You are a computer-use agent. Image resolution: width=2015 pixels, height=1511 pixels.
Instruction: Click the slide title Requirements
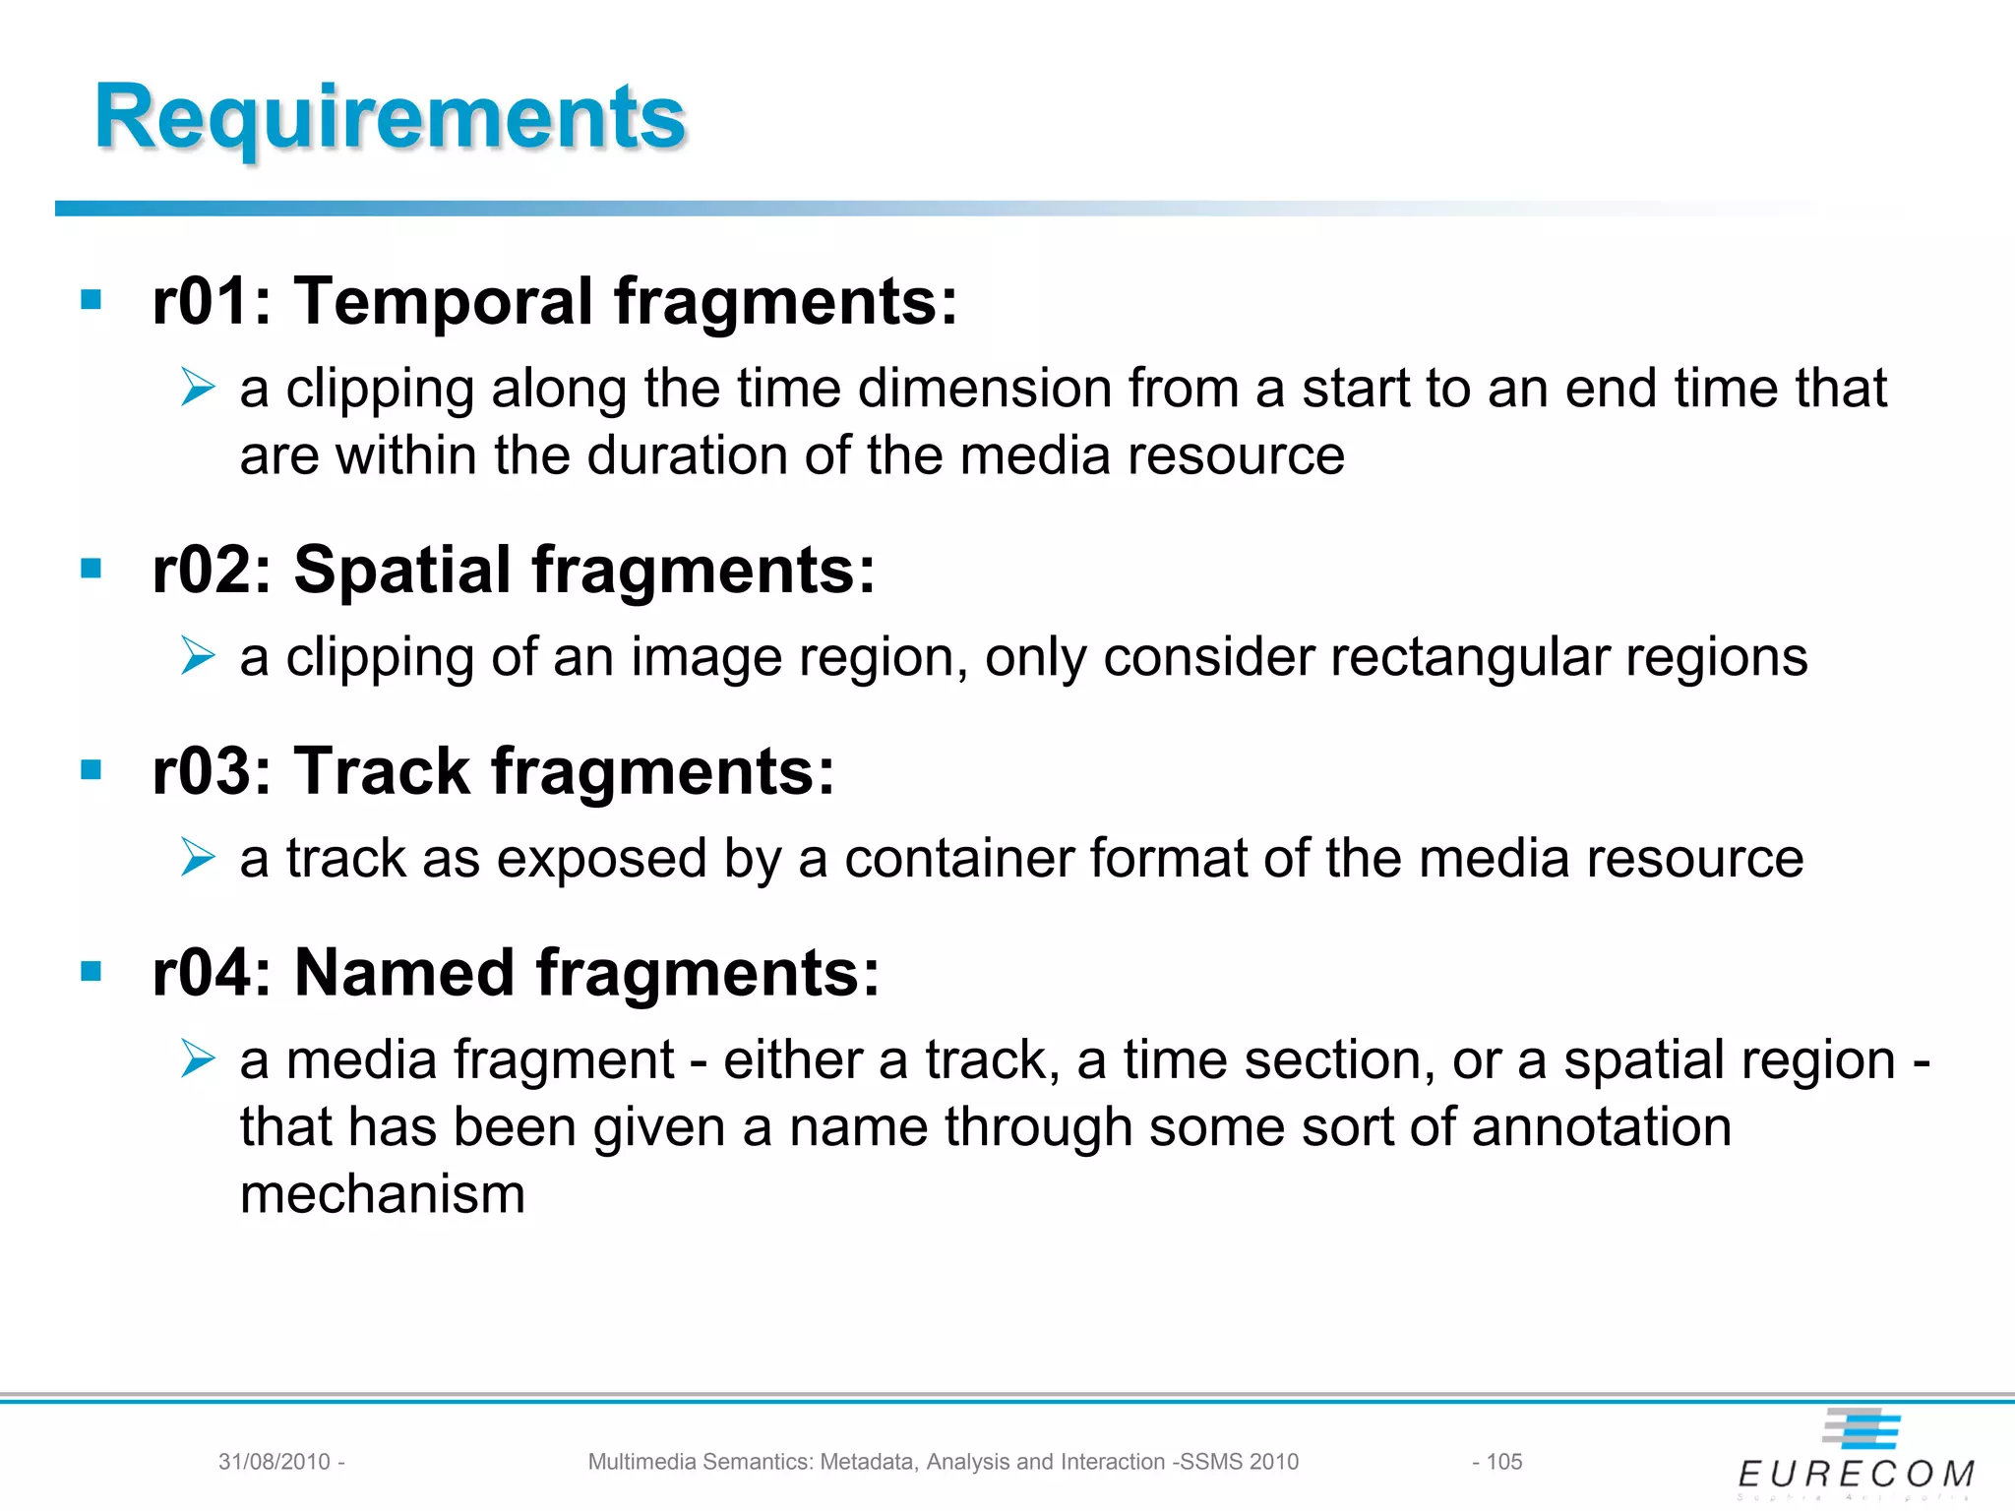pyautogui.click(x=390, y=118)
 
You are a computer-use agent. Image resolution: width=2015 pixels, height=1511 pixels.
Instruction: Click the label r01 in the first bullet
pyautogui.click(x=197, y=301)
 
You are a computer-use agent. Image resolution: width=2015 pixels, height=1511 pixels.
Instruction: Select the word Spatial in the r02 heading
pyautogui.click(x=402, y=571)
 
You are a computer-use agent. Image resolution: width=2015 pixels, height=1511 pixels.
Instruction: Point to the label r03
pyautogui.click(x=198, y=771)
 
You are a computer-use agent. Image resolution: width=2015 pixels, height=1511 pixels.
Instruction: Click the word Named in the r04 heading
pyautogui.click(x=404, y=973)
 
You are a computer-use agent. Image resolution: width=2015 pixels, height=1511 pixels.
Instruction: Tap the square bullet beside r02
pyautogui.click(x=92, y=568)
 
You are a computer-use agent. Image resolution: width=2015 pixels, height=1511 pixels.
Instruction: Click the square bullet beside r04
pyautogui.click(x=92, y=972)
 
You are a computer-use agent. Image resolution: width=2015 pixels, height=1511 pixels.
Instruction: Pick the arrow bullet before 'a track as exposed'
pyautogui.click(x=198, y=857)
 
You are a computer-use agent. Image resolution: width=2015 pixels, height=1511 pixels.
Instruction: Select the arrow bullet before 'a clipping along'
pyautogui.click(x=198, y=387)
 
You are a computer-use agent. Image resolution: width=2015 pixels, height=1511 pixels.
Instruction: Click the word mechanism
pyautogui.click(x=383, y=1194)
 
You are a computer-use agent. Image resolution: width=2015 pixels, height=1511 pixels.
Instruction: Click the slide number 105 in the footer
pyautogui.click(x=1503, y=1462)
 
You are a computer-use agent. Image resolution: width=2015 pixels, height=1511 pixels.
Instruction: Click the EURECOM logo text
pyautogui.click(x=1856, y=1474)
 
